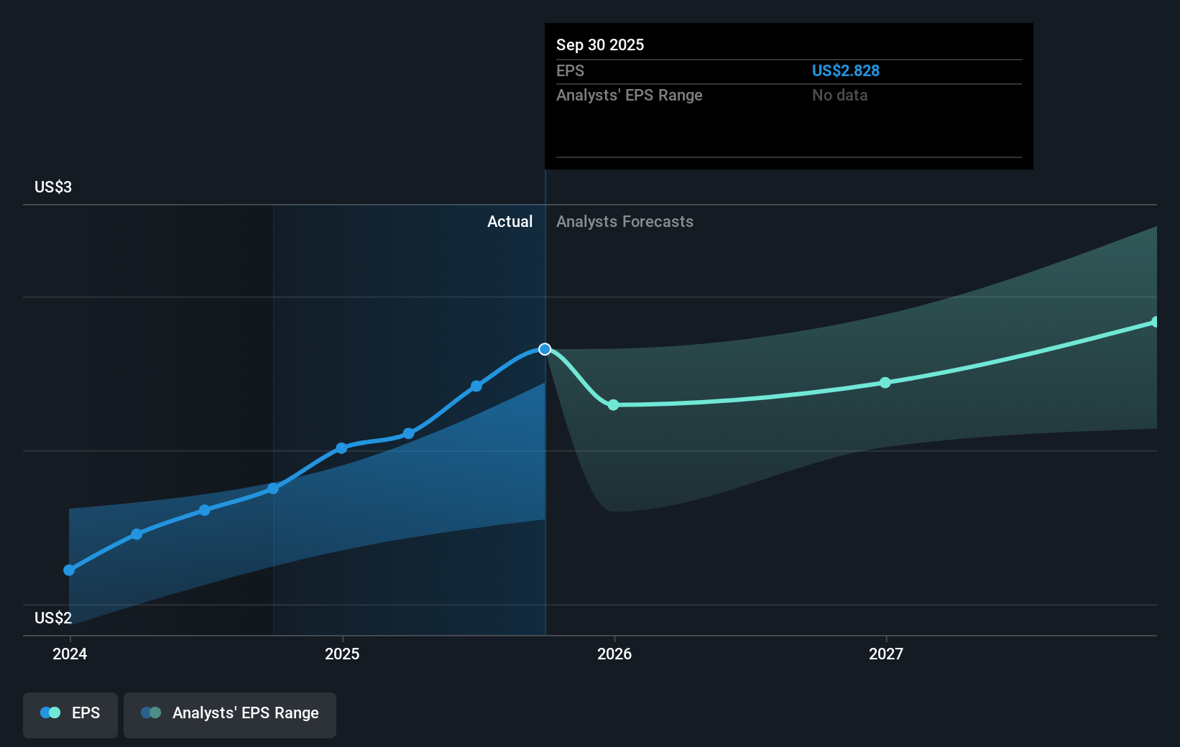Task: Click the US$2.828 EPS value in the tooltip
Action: click(x=845, y=70)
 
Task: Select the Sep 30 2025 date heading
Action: click(x=600, y=45)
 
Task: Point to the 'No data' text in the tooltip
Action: click(x=839, y=95)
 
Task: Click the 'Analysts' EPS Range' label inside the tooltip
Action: click(x=629, y=95)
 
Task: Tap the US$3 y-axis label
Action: click(x=53, y=187)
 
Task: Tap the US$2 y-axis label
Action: click(x=53, y=618)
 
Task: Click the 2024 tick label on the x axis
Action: click(x=70, y=654)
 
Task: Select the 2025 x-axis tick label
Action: click(x=342, y=654)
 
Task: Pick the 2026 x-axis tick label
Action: click(x=614, y=654)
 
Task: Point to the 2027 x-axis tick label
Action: click(x=886, y=654)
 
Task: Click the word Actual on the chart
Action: click(x=510, y=221)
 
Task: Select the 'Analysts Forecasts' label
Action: click(x=624, y=221)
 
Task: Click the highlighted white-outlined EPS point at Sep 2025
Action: click(x=545, y=349)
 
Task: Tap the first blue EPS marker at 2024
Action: click(x=69, y=570)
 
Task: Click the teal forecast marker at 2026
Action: click(x=613, y=405)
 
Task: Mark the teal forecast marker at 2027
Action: click(x=885, y=383)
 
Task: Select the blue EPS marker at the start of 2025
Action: click(x=341, y=448)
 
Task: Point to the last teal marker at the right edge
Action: click(x=1155, y=322)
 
